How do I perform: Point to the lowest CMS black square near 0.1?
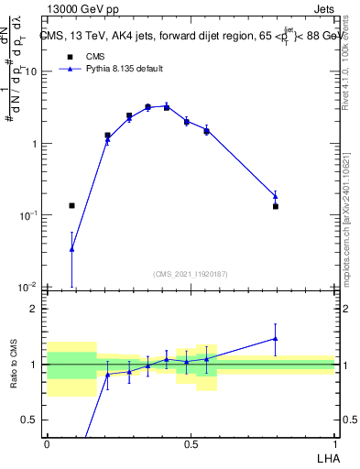click(x=71, y=206)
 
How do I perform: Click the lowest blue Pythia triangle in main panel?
click(x=71, y=248)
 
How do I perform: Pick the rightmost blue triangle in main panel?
click(x=275, y=195)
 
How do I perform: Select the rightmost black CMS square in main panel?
click(x=275, y=207)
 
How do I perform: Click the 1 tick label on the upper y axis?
click(x=34, y=144)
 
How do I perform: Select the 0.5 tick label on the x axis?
click(x=191, y=443)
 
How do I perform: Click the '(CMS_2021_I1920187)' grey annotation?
click(x=191, y=274)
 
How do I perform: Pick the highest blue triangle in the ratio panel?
click(x=275, y=338)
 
